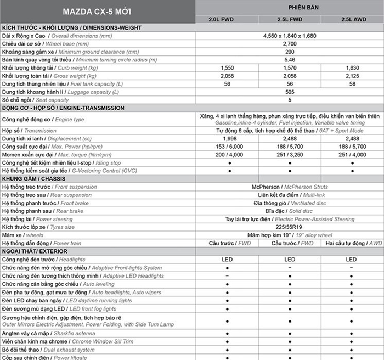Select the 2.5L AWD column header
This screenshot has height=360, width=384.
353,19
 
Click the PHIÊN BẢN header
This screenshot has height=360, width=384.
290,7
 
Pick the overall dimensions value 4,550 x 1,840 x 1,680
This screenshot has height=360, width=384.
290,36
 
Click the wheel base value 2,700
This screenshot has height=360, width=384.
290,43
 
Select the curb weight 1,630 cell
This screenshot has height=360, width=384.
353,67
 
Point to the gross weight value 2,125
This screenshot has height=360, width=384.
353,76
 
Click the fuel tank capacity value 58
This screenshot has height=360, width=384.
353,84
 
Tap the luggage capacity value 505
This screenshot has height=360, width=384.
290,92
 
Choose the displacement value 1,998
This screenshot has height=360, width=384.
227,139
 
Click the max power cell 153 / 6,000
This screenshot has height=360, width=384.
227,147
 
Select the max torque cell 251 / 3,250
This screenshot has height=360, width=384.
290,155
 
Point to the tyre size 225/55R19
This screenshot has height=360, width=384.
290,227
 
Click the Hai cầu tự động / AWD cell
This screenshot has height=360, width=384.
353,243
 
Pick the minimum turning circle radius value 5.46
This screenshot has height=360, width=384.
290,60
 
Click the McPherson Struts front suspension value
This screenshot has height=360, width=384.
290,187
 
